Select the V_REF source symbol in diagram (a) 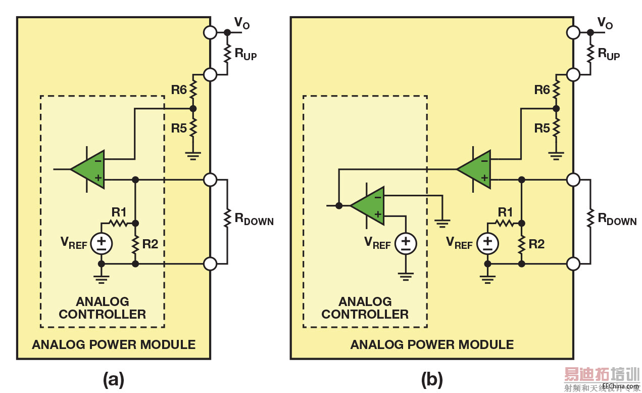pos(102,244)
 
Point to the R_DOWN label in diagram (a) pos(254,220)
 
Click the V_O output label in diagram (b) pos(605,23)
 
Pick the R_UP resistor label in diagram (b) pos(608,54)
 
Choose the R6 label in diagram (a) pos(179,90)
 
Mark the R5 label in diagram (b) pos(542,128)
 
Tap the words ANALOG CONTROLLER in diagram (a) pos(103,308)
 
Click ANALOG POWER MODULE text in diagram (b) pos(432,345)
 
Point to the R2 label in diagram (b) pos(536,244)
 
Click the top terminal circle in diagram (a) pos(210,32)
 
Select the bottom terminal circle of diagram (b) pos(573,264)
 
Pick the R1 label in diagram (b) pos(505,212)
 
